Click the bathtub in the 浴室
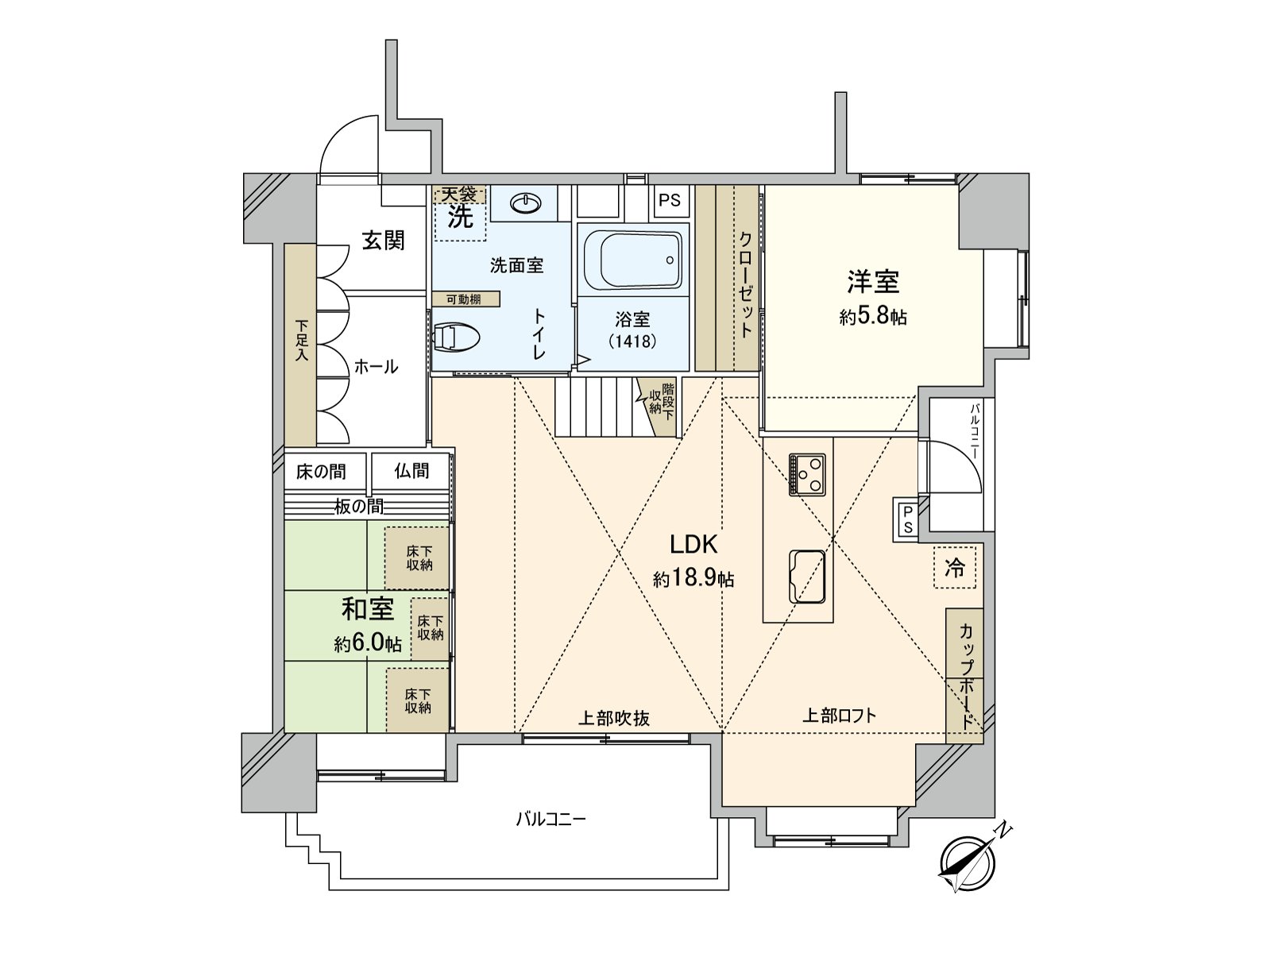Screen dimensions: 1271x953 point(632,260)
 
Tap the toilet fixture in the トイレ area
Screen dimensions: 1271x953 point(455,338)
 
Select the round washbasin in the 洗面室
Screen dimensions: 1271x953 point(526,203)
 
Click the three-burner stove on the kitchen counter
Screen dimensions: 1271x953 point(807,474)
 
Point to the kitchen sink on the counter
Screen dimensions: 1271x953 point(807,577)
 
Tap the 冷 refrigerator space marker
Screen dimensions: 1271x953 point(955,568)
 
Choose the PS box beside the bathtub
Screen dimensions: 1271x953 point(670,200)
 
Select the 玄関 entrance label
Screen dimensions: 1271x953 point(384,240)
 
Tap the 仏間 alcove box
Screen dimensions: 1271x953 point(411,472)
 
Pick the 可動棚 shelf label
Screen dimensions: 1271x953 point(466,299)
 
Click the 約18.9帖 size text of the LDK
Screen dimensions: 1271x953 point(693,578)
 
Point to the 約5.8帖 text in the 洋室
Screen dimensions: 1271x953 point(873,317)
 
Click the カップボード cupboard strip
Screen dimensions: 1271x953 point(964,676)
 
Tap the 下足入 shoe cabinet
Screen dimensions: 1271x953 point(300,345)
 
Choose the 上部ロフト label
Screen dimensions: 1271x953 point(839,716)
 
